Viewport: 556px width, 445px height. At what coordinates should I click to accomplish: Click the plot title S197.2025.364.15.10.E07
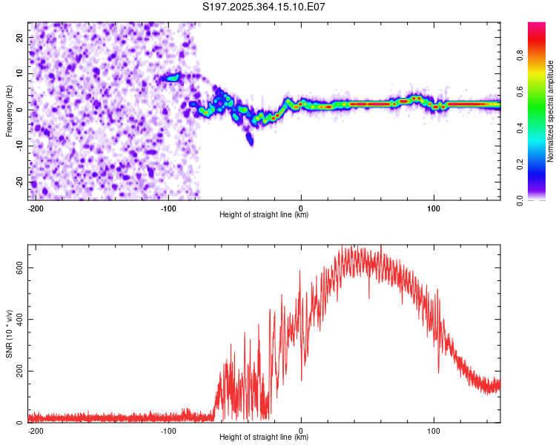click(264, 7)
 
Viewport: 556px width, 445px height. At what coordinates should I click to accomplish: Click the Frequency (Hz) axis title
click(9, 111)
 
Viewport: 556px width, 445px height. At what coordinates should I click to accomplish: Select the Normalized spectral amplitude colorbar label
click(551, 111)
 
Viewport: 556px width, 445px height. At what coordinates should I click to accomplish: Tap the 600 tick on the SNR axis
click(18, 268)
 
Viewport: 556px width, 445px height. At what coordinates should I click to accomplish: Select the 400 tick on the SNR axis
click(18, 320)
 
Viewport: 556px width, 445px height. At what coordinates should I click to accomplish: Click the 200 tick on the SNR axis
click(18, 371)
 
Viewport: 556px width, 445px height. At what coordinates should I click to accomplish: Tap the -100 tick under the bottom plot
click(168, 430)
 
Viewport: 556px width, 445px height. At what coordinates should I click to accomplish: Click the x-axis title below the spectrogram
click(264, 215)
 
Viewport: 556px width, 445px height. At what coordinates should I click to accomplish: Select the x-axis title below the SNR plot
click(264, 438)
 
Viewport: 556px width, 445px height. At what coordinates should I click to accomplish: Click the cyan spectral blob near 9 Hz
click(173, 77)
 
